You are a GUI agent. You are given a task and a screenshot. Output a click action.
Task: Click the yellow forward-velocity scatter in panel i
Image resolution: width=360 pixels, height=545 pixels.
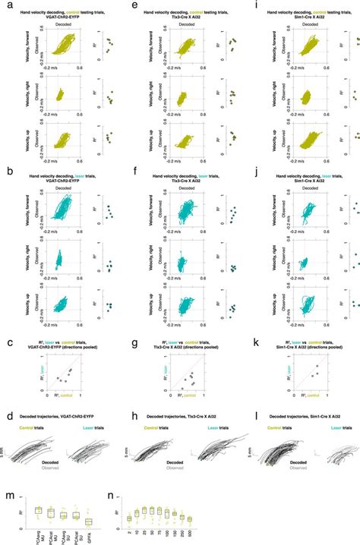pyautogui.click(x=308, y=52)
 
